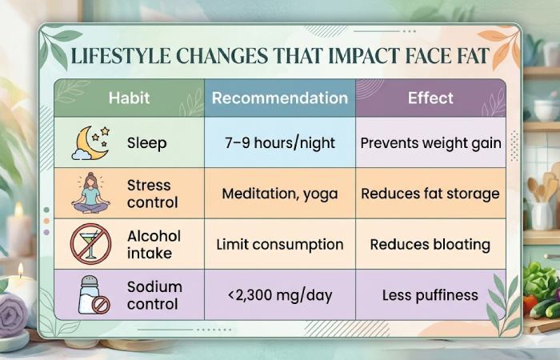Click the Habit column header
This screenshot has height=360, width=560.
(x=129, y=99)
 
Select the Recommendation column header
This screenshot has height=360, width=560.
(x=280, y=99)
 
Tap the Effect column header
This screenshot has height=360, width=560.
(x=430, y=99)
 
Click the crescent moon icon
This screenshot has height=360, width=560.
(x=90, y=142)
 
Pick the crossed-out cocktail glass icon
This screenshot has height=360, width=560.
(x=90, y=244)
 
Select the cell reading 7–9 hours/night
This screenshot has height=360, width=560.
(x=280, y=143)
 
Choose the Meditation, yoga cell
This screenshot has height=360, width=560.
(x=280, y=194)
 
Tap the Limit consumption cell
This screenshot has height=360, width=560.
(x=280, y=244)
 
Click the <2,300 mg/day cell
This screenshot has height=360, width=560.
(x=280, y=294)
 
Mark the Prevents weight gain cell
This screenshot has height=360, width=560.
(x=430, y=143)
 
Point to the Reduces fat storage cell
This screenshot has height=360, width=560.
(x=430, y=194)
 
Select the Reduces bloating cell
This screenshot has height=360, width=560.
(x=430, y=244)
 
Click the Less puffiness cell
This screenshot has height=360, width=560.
(x=430, y=294)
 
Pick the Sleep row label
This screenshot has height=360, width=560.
(x=146, y=143)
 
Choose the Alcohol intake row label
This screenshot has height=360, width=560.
(x=154, y=244)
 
